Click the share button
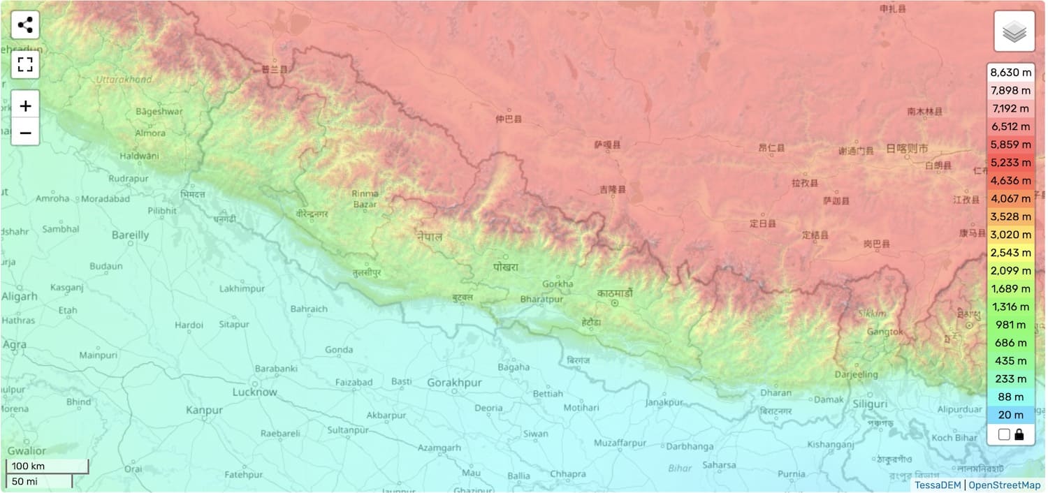(x=25, y=26)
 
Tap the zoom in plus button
(x=25, y=106)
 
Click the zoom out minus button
(x=25, y=132)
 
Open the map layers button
(x=1014, y=31)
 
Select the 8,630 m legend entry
(x=1010, y=73)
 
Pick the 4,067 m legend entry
(x=1010, y=198)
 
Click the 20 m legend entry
(x=1010, y=415)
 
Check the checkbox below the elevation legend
(x=1004, y=434)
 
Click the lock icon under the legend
(x=1019, y=434)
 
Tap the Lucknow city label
(x=254, y=392)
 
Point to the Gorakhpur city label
(x=454, y=383)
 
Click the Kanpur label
(x=204, y=410)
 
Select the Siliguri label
(x=870, y=404)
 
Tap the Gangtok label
(x=885, y=332)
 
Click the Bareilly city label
(x=130, y=235)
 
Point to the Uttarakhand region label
(x=124, y=80)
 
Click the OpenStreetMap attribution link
(x=1004, y=485)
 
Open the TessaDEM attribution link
(x=938, y=485)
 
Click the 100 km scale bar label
(x=28, y=466)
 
